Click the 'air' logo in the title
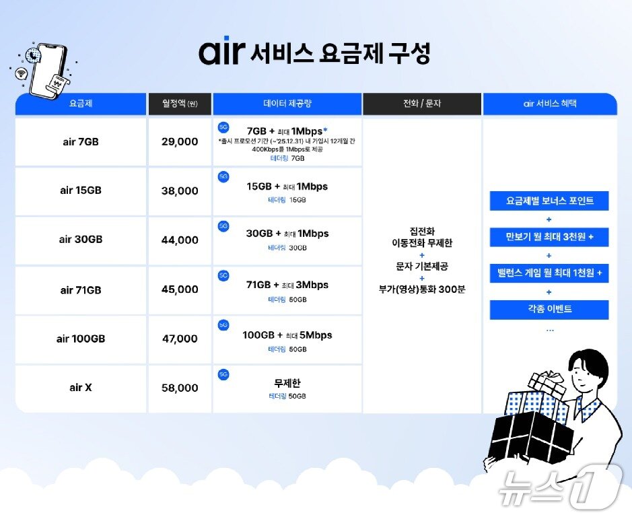tap(220, 53)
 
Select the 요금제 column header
tap(81, 104)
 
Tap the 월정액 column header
tap(179, 104)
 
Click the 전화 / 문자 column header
tap(421, 104)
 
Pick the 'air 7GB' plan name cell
tap(81, 141)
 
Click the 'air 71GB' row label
tap(81, 289)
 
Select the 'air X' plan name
tap(81, 388)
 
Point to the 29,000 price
tap(180, 141)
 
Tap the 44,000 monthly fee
tap(180, 240)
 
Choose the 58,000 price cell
tap(180, 388)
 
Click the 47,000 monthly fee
tap(180, 339)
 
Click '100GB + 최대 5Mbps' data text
tap(287, 335)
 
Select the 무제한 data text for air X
tap(287, 383)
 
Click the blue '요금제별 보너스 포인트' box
tap(549, 201)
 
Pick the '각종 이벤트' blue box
tap(549, 310)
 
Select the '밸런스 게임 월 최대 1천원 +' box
tap(549, 273)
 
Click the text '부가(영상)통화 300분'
tap(422, 289)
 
